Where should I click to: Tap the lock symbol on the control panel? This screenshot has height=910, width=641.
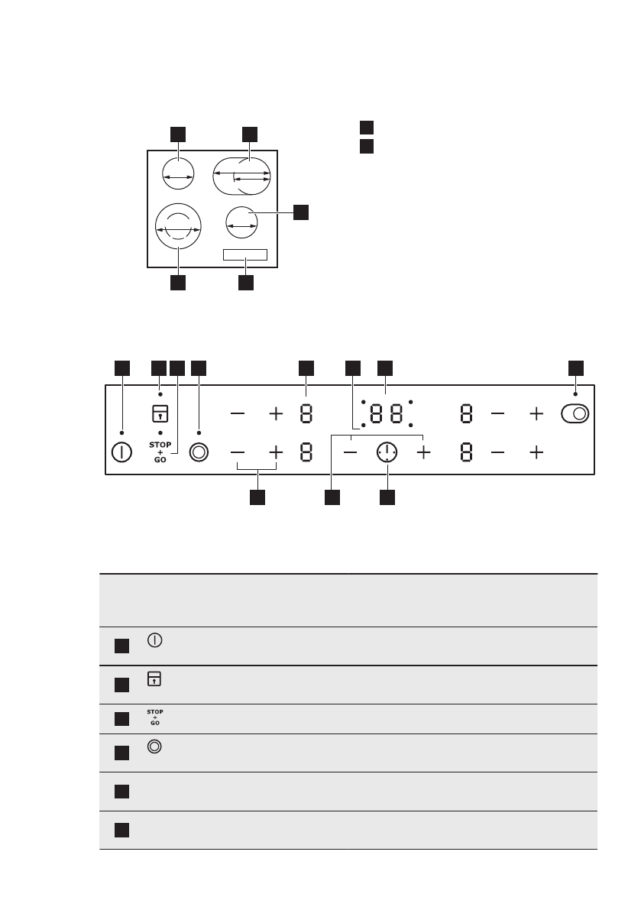160,413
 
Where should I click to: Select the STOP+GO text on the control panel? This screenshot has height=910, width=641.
160,451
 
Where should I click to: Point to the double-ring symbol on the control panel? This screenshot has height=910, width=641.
199,452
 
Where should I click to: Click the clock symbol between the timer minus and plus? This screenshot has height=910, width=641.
387,452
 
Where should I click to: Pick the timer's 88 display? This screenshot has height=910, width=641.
387,415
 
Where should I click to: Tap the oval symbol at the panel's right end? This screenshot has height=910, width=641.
575,415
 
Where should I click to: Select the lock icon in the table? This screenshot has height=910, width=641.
154,678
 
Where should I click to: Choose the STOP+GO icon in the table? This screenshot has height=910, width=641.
154,718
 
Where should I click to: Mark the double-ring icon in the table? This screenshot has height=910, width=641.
154,750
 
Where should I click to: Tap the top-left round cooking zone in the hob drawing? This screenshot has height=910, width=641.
178,175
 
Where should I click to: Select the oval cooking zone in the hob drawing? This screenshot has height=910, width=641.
241,176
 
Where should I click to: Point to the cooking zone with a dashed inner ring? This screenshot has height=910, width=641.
178,227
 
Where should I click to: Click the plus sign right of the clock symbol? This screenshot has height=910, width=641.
423,452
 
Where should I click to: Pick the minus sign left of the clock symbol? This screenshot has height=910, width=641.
351,452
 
